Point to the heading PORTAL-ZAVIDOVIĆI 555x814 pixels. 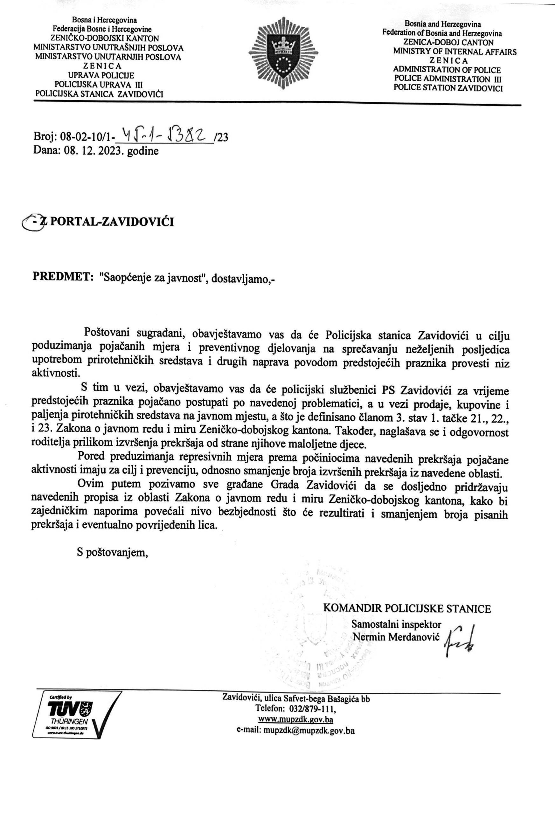(x=112, y=222)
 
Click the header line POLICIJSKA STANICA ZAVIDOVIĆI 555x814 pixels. (x=100, y=93)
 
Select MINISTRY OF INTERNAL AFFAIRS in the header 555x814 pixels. (x=454, y=52)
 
